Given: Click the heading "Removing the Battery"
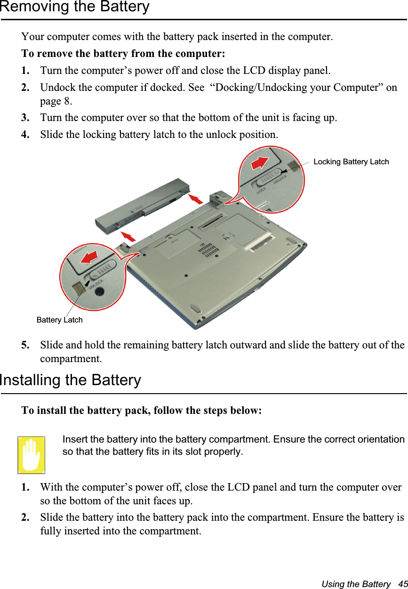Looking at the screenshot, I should coord(75,7).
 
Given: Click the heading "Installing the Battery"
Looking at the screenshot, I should coord(71,380).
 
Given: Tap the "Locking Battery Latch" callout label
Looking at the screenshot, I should coord(351,162).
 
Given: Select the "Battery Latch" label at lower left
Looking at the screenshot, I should coord(60,320).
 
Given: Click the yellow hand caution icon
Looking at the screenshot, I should coord(32,455).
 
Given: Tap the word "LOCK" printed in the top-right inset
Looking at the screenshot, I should coord(262,192).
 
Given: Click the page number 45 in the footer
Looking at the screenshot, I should coord(403,584).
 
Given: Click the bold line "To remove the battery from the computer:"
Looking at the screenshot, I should coord(123,54).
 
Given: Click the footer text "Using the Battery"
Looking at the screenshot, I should coord(356,584).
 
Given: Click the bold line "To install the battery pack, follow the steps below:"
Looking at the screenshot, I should coord(142,411).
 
